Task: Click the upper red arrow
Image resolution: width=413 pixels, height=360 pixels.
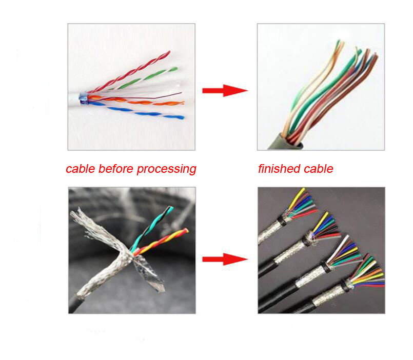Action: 224,91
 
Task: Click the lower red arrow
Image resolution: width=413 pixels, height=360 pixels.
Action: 224,259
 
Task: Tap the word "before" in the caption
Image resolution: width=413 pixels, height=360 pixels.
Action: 112,169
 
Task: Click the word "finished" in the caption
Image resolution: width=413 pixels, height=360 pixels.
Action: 278,169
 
